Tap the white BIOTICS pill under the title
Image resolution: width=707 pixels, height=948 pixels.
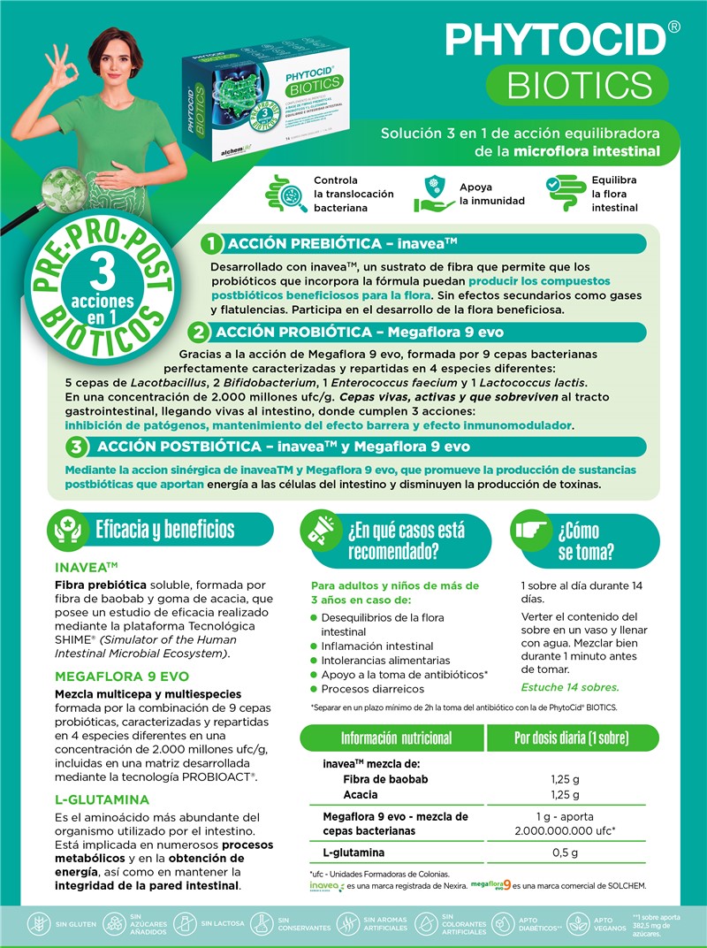point(580,85)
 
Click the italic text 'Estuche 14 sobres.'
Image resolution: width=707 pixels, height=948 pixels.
point(570,687)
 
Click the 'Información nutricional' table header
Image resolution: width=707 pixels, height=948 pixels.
point(396,738)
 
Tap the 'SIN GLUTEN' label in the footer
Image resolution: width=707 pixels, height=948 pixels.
point(74,926)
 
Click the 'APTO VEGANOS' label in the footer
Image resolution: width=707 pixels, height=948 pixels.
point(603,925)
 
